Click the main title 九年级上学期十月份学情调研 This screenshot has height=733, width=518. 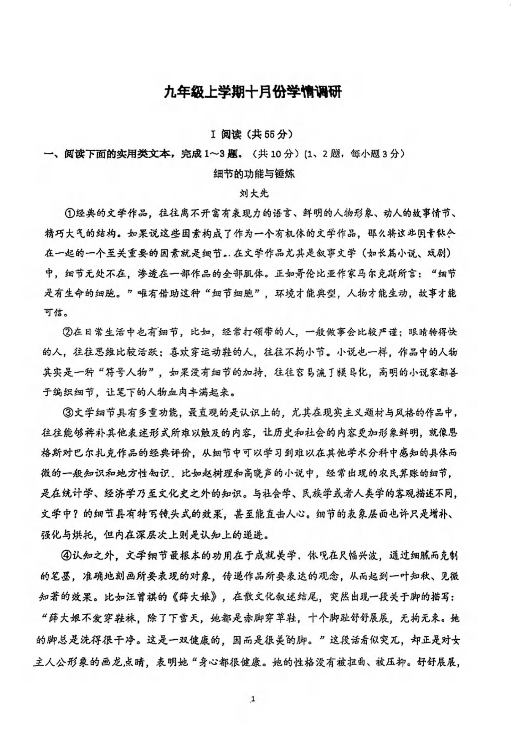tap(252, 93)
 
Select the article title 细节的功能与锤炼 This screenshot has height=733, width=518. tap(254, 174)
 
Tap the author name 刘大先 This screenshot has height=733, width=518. tap(254, 193)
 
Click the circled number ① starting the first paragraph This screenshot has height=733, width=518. tap(69, 213)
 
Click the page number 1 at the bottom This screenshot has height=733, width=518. tap(253, 699)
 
